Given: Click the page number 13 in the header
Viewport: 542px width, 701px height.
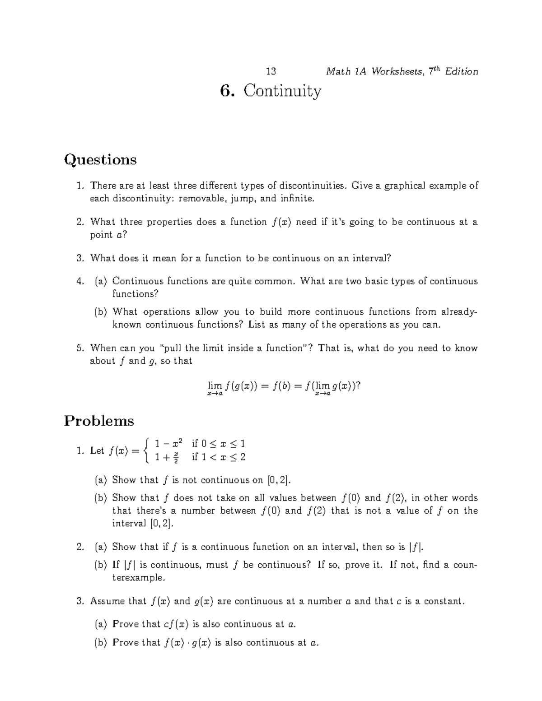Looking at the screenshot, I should pos(271,71).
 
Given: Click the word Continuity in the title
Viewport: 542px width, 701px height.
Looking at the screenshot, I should pos(283,91).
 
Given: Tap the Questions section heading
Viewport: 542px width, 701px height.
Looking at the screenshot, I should pos(100,160).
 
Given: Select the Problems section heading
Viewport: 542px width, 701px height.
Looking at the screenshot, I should pos(99,421).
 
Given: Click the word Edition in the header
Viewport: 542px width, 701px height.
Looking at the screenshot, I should pos(461,71).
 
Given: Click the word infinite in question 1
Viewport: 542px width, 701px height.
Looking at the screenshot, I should pos(296,198).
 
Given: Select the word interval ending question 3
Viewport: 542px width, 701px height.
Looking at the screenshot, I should pos(368,258).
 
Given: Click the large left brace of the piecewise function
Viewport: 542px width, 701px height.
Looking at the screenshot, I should pos(145,450).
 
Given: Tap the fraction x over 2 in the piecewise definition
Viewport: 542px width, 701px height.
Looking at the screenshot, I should pos(177,457).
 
